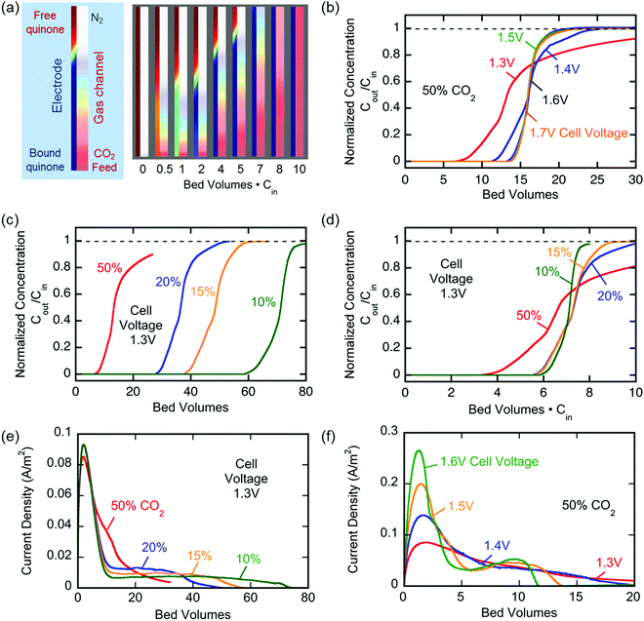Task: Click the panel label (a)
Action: click(x=11, y=8)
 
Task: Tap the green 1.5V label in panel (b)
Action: click(x=510, y=37)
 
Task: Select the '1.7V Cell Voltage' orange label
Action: click(x=579, y=133)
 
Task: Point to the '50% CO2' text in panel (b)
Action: click(x=449, y=91)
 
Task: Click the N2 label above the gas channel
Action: click(x=97, y=19)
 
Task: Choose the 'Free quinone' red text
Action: click(x=45, y=22)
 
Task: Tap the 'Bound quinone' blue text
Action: click(x=45, y=160)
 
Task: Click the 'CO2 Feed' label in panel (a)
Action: click(x=104, y=160)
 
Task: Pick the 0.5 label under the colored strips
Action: click(x=165, y=169)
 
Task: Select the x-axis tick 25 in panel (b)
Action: click(x=597, y=179)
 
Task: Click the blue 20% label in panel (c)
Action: click(x=168, y=282)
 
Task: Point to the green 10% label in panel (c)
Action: click(x=263, y=302)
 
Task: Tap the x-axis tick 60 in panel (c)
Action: click(x=248, y=392)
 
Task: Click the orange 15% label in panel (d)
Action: click(x=559, y=252)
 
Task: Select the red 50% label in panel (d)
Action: click(x=529, y=315)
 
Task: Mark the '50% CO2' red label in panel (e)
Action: click(x=138, y=507)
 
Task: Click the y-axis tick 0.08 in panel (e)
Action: click(x=60, y=463)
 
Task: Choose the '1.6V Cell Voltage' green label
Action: click(x=489, y=462)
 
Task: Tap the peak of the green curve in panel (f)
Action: click(x=419, y=450)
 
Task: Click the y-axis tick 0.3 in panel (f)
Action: click(x=389, y=431)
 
